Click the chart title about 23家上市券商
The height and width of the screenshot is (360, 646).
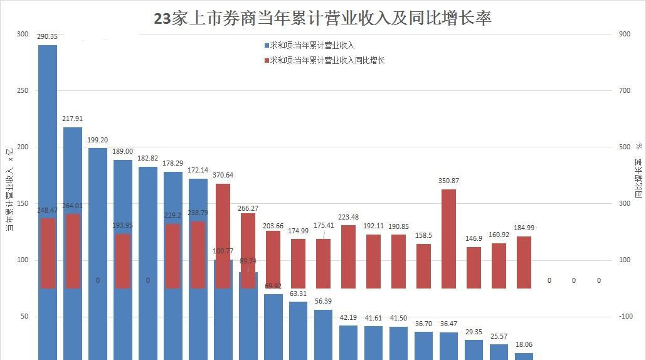[x=322, y=18]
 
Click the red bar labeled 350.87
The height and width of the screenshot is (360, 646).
[x=448, y=238]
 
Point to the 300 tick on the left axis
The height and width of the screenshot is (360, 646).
[x=23, y=34]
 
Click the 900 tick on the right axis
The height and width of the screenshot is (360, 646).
[x=625, y=34]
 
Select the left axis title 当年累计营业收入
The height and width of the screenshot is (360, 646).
[x=9, y=188]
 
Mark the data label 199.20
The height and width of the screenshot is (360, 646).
[x=98, y=140]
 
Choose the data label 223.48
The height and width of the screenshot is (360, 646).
[x=348, y=218]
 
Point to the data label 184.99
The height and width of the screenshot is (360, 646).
[x=524, y=228]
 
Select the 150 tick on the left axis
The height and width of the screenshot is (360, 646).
[x=23, y=204]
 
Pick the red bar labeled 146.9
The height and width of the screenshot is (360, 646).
[x=474, y=268]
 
